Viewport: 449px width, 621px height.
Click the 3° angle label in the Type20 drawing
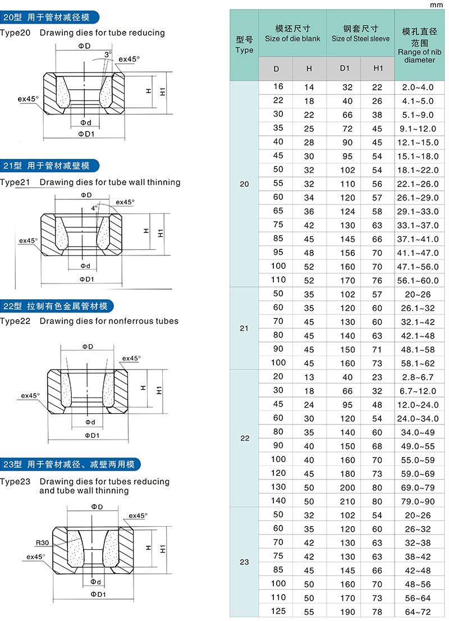coord(108,54)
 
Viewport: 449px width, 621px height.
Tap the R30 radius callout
coord(42,543)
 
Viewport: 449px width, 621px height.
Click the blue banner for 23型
coord(70,464)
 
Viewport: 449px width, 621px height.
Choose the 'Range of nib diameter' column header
coord(419,44)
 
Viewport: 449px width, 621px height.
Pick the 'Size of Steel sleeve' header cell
coord(360,33)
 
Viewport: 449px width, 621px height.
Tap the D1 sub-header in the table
coord(345,69)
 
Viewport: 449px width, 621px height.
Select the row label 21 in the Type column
coord(244,328)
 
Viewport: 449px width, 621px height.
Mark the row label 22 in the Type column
coord(245,438)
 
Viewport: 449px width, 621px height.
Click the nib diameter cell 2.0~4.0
coord(419,88)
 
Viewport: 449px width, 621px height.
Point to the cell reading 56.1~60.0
coord(419,280)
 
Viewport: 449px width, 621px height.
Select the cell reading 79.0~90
coord(419,500)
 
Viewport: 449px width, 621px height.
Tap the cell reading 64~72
coord(419,611)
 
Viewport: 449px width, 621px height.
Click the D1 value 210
coord(347,500)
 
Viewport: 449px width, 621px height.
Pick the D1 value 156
coord(347,252)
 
